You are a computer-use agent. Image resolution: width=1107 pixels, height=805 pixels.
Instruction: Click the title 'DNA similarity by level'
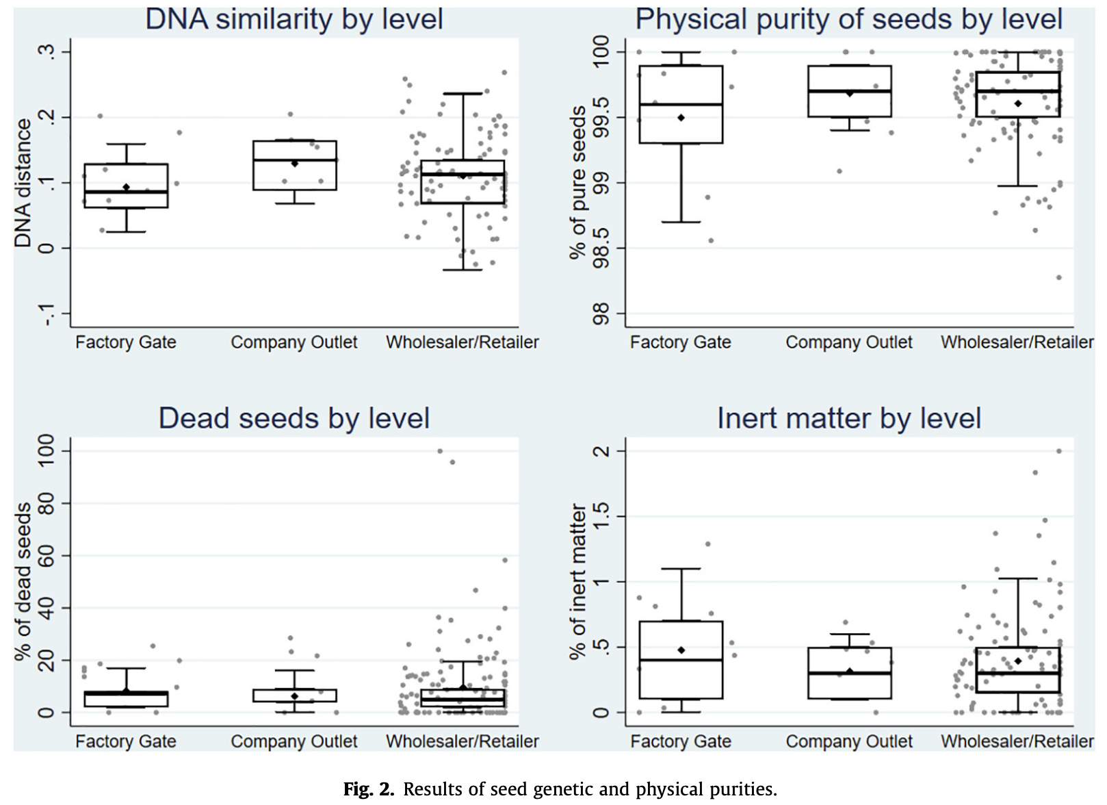[294, 19]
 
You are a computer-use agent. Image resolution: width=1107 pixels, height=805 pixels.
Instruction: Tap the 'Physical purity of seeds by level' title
[849, 19]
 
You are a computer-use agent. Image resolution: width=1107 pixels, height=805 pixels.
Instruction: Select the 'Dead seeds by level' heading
[294, 418]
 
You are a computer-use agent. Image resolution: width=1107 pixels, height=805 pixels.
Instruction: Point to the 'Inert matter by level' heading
[849, 418]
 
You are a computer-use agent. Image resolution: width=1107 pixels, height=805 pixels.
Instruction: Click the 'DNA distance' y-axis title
[24, 183]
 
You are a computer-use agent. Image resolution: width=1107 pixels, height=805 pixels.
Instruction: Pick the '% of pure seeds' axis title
[579, 183]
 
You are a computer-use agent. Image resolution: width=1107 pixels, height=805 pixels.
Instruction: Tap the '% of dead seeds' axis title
[24, 582]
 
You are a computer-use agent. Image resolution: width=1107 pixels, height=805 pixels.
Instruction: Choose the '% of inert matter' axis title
[579, 582]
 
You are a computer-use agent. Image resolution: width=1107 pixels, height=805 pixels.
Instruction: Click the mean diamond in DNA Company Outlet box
[294, 164]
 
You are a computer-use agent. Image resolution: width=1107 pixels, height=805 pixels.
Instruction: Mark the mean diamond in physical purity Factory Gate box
[681, 118]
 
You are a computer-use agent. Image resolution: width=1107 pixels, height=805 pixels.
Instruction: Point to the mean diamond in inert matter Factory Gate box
[681, 650]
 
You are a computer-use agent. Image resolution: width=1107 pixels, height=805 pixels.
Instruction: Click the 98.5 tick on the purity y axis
[601, 248]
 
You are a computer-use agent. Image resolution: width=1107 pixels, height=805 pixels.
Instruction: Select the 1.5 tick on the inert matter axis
[601, 516]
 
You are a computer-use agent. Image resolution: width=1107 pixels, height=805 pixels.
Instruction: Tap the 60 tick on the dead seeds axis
[46, 556]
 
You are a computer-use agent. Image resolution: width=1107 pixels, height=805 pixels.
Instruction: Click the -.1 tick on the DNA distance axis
[46, 314]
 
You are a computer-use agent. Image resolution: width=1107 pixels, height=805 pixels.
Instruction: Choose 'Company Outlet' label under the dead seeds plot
[294, 741]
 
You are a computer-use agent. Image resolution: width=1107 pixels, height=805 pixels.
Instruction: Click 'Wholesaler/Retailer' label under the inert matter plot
[1017, 741]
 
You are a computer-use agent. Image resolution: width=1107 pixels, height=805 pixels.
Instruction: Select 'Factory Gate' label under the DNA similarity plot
[126, 342]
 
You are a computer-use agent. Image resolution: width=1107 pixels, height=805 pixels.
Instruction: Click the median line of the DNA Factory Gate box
[127, 192]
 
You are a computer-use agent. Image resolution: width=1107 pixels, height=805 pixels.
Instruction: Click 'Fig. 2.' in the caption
[369, 790]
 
